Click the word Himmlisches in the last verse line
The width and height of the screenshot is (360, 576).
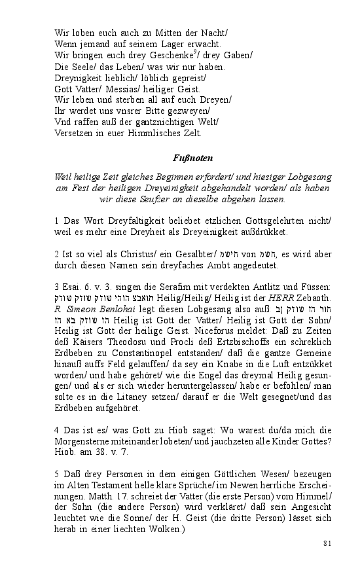coord(154,133)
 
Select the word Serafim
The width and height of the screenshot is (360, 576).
coord(166,288)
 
